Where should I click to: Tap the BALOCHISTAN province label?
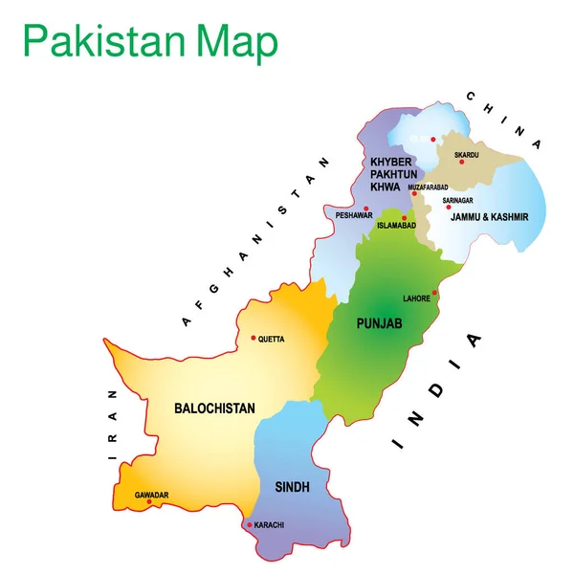click(x=214, y=408)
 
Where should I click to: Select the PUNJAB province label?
click(x=379, y=325)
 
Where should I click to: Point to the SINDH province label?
click(x=292, y=487)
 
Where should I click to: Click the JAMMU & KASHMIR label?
click(x=484, y=217)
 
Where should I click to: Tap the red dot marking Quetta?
click(x=253, y=337)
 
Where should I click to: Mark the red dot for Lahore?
click(x=434, y=294)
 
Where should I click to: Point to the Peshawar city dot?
click(x=365, y=208)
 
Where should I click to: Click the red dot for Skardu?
click(x=461, y=162)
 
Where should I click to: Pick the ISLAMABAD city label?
click(x=396, y=226)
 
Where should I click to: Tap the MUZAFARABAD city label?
click(x=428, y=188)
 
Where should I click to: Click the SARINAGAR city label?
click(x=458, y=200)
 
